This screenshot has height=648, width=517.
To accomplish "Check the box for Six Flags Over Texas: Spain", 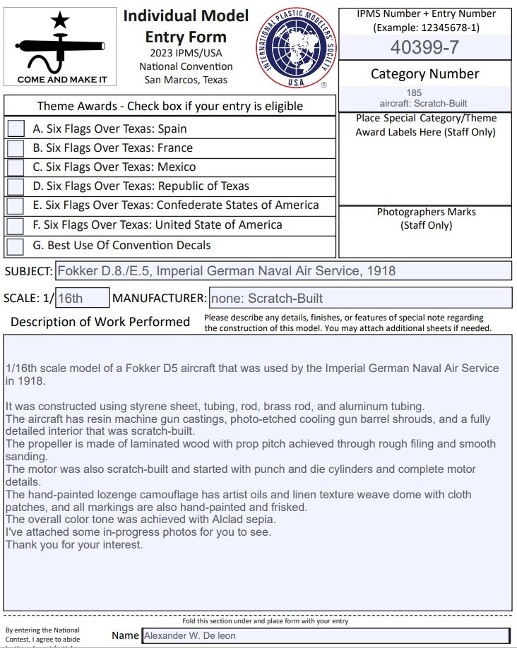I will click(16, 129).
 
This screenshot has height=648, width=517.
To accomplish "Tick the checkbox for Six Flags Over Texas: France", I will click(16, 148).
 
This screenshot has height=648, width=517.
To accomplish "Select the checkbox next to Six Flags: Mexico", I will click(16, 167).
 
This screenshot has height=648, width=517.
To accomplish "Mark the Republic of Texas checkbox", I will click(16, 186).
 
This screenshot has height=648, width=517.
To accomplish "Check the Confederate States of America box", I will click(16, 205).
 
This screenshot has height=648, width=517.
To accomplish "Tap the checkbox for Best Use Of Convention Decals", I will click(16, 246).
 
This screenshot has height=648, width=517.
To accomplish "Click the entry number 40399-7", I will click(424, 48).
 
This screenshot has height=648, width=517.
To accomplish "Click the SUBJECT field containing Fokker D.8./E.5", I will click(283, 271).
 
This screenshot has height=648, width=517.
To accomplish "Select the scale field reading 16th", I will click(82, 298).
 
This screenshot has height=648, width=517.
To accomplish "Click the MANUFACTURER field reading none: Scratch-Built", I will click(359, 298).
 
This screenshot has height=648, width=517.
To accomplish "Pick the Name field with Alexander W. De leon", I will click(325, 635).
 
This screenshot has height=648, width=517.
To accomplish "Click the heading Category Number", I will click(424, 74).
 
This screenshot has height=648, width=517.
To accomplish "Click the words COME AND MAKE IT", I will click(62, 79).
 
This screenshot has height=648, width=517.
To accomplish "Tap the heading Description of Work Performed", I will click(100, 322).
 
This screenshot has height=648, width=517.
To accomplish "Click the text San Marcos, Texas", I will click(186, 80).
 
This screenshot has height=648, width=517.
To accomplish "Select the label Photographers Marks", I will click(426, 212).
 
